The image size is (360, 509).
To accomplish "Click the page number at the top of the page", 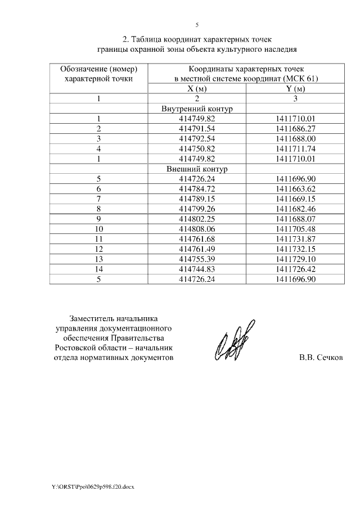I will [197, 25].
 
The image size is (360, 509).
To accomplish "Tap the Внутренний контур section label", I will [197, 109].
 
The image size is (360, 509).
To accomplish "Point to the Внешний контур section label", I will [197, 169].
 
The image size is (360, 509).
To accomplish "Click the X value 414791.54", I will [197, 129].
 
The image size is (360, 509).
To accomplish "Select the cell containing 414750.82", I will [197, 148].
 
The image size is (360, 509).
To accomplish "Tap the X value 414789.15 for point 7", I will [197, 199].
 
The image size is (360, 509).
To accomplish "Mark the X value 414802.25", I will [197, 219].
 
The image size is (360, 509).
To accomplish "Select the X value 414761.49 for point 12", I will [197, 249].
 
